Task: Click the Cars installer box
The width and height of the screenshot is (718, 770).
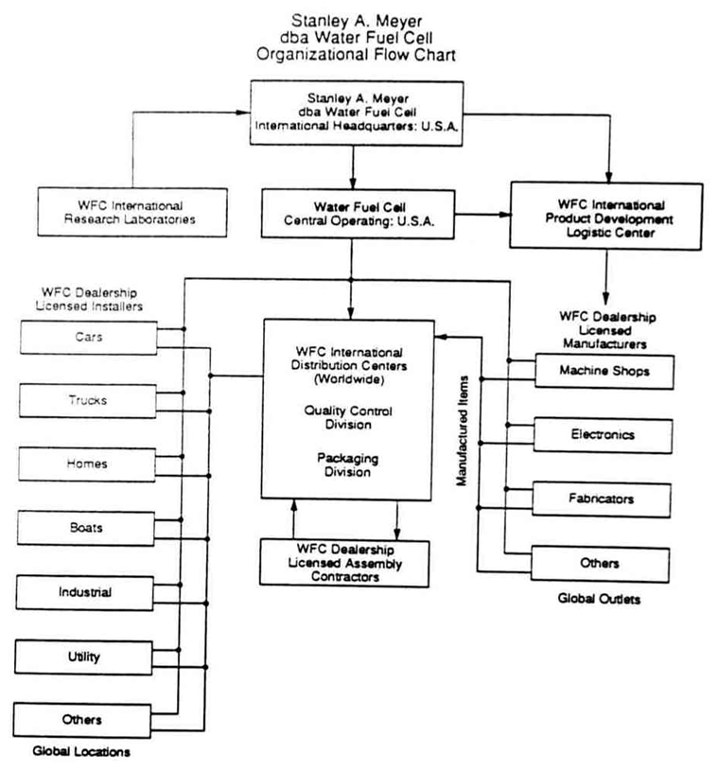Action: (88, 338)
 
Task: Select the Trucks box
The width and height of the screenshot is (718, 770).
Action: (87, 401)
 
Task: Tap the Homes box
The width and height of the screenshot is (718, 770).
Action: (87, 464)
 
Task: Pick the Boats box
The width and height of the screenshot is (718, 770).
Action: (86, 528)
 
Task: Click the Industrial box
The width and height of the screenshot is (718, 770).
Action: (84, 593)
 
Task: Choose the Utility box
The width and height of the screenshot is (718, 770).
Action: (83, 657)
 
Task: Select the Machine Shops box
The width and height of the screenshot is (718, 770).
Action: (604, 371)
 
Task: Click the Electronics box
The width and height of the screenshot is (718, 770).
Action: (603, 435)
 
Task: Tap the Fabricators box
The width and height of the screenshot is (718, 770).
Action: (601, 499)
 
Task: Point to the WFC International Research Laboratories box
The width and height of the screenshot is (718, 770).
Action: (132, 212)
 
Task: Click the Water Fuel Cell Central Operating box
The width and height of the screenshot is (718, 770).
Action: (358, 214)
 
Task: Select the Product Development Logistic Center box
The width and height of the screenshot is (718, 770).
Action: (606, 216)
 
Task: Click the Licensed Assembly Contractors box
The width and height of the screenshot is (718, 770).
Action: (344, 563)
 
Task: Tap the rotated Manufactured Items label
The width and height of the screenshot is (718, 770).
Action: (462, 430)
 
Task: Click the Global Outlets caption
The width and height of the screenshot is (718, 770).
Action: (599, 599)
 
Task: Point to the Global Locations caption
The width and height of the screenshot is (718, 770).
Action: (81, 751)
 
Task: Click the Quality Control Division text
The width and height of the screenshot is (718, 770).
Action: (348, 417)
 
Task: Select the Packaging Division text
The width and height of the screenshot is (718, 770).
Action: (347, 464)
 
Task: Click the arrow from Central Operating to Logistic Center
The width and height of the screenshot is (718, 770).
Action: (482, 215)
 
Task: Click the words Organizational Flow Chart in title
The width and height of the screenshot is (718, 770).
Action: (356, 54)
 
